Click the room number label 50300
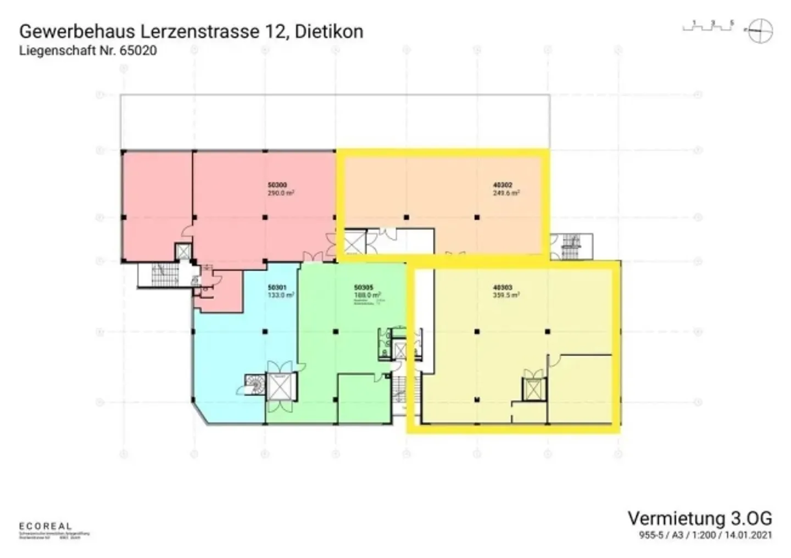coord(277,186)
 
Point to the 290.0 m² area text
coord(281,193)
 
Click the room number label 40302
coord(503,186)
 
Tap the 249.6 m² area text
coord(506,193)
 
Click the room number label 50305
coord(364,287)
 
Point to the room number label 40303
coord(503,287)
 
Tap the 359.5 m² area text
coord(506,295)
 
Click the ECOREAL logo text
coord(45,526)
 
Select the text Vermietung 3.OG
coord(699,518)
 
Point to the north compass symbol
coord(761,31)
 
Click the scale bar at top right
coord(708,26)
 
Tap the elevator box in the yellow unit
coord(533,389)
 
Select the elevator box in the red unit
coord(182,252)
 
